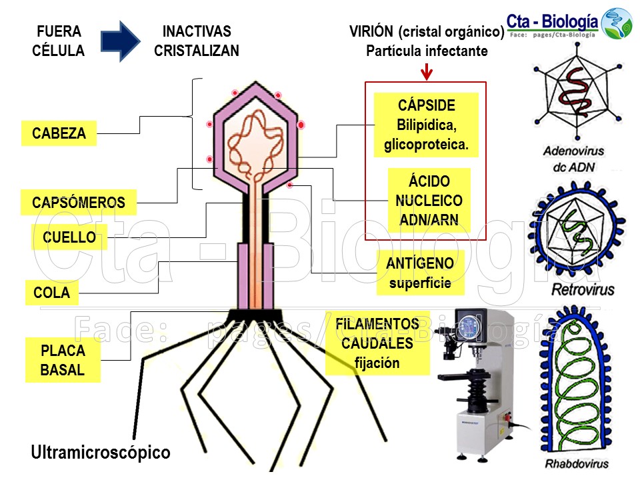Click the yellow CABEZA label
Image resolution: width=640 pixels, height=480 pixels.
(x=59, y=133)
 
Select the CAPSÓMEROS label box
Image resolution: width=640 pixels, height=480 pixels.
(x=79, y=203)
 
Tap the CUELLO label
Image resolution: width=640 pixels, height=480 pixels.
(x=69, y=237)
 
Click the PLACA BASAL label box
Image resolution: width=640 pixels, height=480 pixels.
(x=63, y=361)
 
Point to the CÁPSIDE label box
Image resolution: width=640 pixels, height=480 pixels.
(x=426, y=125)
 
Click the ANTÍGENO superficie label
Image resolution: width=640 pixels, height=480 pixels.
(x=419, y=273)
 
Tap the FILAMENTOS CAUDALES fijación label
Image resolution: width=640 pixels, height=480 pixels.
(x=377, y=343)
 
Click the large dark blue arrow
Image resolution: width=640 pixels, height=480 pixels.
(x=120, y=41)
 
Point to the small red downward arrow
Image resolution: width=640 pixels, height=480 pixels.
(x=427, y=71)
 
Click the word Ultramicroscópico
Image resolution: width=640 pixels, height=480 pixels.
(x=101, y=453)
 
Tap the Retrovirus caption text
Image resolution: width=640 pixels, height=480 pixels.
(x=583, y=290)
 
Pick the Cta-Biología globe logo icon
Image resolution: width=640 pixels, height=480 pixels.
(x=617, y=23)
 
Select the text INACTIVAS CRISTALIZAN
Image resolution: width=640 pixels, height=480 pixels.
(x=197, y=41)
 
